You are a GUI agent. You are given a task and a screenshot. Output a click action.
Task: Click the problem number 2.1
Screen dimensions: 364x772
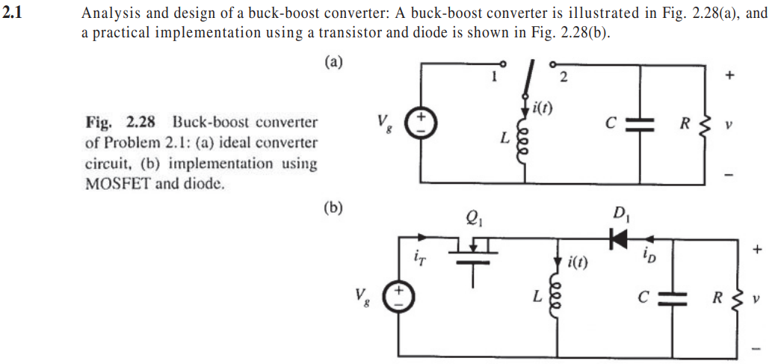point(13,13)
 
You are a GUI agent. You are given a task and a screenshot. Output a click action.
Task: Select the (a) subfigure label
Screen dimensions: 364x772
point(334,63)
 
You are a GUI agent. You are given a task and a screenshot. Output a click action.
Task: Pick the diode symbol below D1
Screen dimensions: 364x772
point(619,238)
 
